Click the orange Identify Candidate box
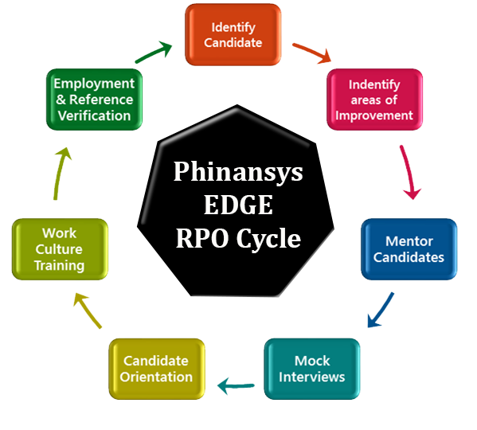[x=233, y=35]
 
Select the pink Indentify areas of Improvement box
[x=374, y=100]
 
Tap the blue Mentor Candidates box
[x=409, y=249]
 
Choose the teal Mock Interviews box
[x=312, y=369]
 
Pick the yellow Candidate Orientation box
[x=157, y=369]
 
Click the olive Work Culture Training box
[x=60, y=249]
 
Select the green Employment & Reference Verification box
[x=94, y=100]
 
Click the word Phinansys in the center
[x=238, y=172]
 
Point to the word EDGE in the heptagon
[x=238, y=205]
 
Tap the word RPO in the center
[x=202, y=238]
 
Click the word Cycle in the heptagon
[x=268, y=239]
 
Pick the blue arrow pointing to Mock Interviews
[x=381, y=310]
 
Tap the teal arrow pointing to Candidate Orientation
[x=236, y=386]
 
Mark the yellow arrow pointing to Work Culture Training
[x=88, y=310]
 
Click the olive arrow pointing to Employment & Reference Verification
[x=61, y=174]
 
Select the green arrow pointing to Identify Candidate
[x=154, y=53]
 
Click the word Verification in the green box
[x=94, y=116]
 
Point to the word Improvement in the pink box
[x=374, y=116]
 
